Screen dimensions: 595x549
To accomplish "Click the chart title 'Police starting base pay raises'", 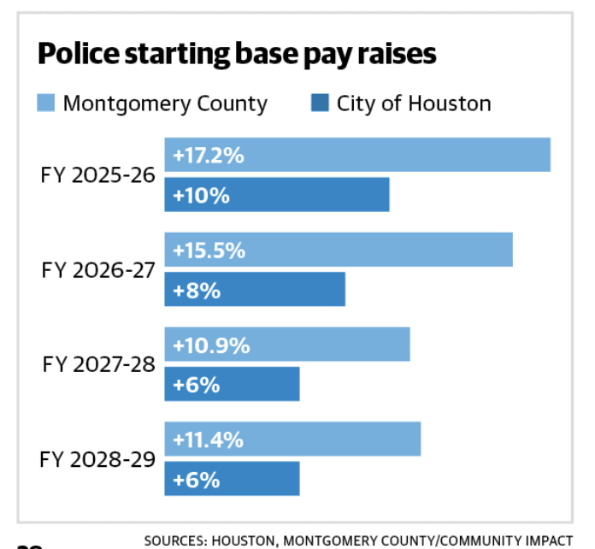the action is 237,54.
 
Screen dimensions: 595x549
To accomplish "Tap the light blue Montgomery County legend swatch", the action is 46,103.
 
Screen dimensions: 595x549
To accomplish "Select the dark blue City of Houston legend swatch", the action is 320,103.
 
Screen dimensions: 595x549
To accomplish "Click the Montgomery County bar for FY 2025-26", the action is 357,155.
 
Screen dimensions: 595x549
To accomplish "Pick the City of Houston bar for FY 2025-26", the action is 277,194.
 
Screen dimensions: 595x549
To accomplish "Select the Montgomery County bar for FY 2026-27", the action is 339,250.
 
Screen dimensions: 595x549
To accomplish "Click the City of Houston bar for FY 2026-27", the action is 255,289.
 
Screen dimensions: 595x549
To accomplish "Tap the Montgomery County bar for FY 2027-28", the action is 287,344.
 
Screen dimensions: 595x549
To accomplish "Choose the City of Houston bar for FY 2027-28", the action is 233,384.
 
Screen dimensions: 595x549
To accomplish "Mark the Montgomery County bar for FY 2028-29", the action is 292,439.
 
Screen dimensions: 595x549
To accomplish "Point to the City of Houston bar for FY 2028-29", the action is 233,478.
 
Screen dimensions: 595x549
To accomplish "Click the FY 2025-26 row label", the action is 98,175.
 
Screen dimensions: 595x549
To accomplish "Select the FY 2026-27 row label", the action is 98,270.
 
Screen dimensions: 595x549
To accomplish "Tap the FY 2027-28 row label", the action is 98,364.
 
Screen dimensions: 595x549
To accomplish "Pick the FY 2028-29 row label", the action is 97,459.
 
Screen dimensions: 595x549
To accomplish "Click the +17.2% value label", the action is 209,156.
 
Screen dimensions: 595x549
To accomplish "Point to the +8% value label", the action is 197,291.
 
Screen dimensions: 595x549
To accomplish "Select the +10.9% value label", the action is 211,345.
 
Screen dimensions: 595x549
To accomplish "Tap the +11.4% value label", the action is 208,440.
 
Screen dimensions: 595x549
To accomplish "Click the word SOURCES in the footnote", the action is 175,540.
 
